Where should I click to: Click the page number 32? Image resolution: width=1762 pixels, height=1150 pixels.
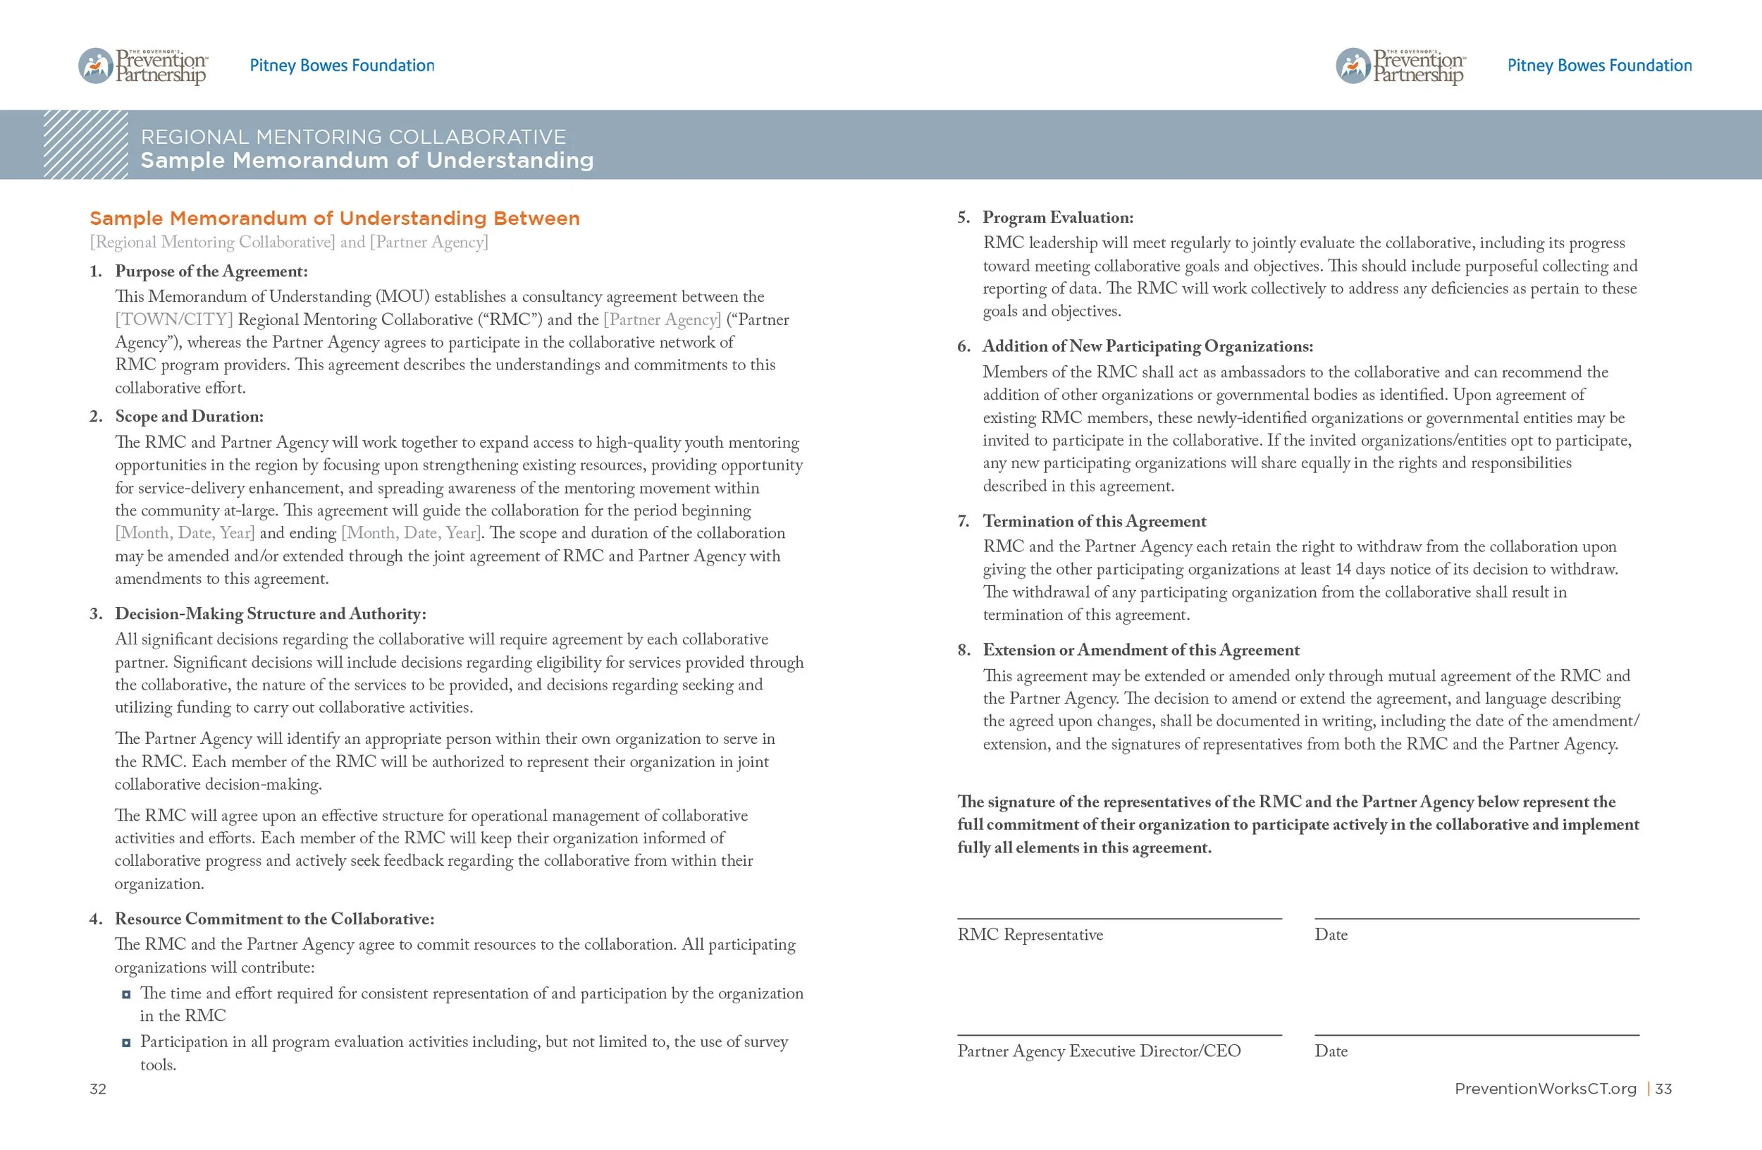point(98,1089)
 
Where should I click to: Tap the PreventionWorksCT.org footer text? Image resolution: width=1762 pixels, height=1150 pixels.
point(1545,1089)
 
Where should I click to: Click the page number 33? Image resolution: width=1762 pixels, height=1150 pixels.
point(1663,1089)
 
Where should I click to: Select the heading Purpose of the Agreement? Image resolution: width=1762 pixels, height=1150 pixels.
point(211,271)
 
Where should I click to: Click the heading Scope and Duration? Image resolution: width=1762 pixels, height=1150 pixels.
point(189,416)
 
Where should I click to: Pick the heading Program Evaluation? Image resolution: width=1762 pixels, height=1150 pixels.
point(1057,217)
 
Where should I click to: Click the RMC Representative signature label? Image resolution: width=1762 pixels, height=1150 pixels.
point(1030,934)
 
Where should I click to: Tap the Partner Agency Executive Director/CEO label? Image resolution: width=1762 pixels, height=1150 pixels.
point(1099,1051)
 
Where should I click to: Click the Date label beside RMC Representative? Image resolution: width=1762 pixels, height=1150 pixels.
point(1331,934)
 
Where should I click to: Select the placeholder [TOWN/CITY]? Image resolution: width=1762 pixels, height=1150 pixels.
point(174,319)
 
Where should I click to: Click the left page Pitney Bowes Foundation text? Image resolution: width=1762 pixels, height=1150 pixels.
point(341,65)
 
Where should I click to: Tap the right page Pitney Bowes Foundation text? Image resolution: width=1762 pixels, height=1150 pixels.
point(1599,65)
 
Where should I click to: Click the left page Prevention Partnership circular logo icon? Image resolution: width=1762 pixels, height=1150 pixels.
point(96,66)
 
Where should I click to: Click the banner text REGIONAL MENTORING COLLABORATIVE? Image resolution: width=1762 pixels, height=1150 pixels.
point(353,137)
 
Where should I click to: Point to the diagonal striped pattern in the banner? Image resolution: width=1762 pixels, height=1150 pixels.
point(85,145)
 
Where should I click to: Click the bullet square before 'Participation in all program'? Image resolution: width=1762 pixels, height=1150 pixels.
point(127,1043)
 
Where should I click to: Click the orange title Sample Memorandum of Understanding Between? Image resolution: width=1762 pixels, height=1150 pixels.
point(335,219)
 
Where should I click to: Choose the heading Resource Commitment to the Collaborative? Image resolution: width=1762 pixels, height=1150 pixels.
point(274,918)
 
